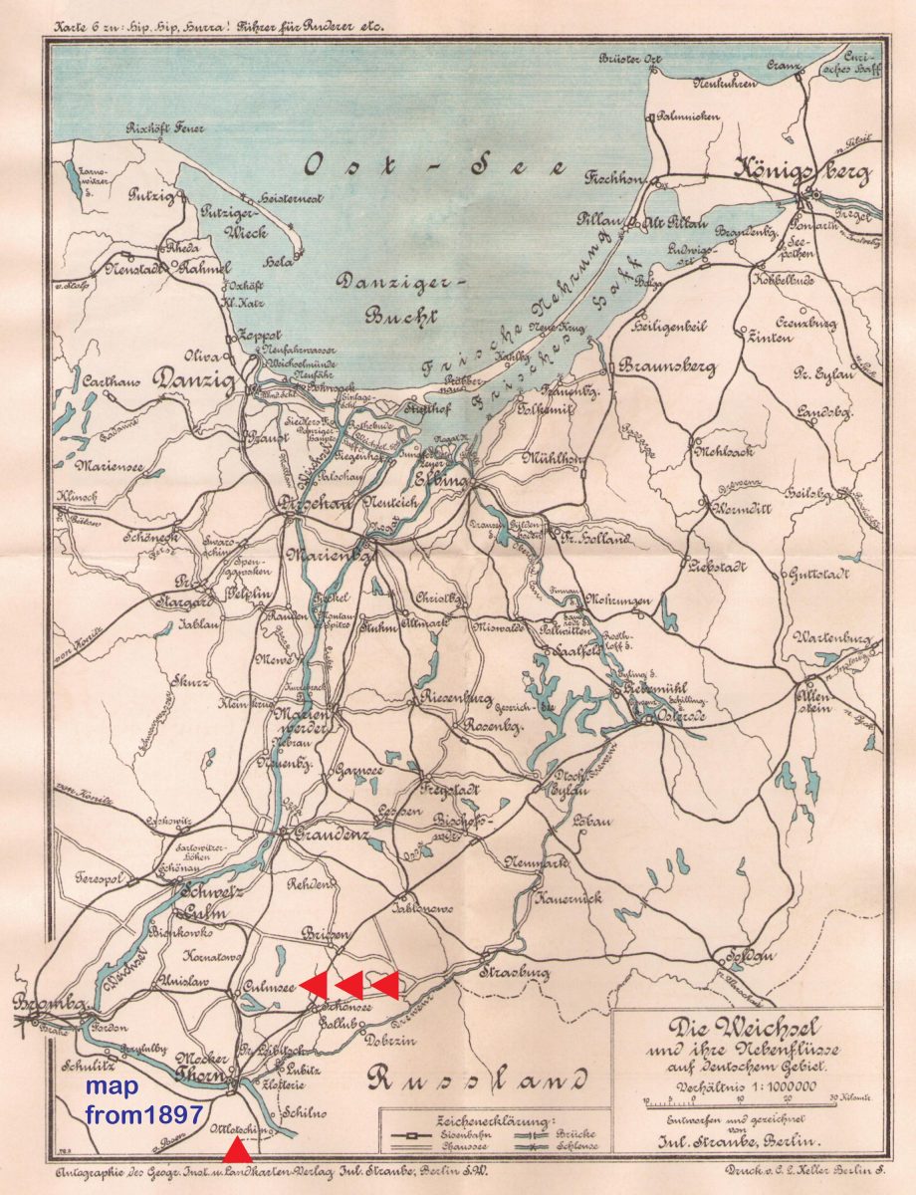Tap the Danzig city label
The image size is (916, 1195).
(194, 380)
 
